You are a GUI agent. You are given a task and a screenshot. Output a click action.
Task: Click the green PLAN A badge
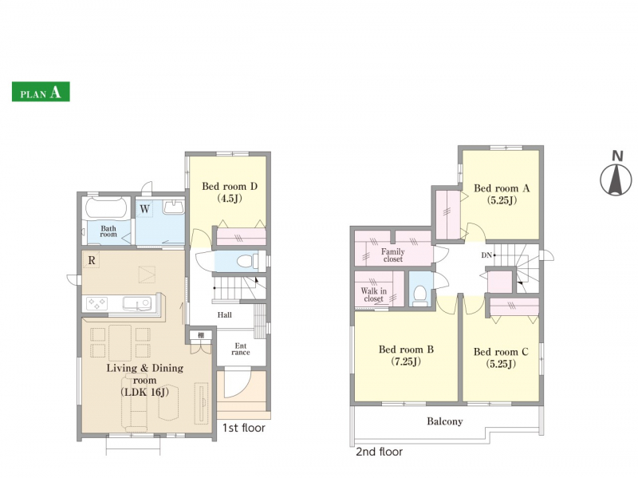[x=41, y=92]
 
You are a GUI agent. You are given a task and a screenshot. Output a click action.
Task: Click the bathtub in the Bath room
[x=107, y=208]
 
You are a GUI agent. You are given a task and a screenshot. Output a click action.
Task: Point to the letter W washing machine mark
[x=144, y=209]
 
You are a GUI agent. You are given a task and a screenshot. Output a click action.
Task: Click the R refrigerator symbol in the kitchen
[x=92, y=260]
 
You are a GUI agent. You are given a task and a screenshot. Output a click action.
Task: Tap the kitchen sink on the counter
[x=137, y=304]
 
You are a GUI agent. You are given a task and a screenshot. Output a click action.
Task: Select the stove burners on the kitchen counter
[x=96, y=304]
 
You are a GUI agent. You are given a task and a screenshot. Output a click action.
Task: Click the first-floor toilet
[x=247, y=261]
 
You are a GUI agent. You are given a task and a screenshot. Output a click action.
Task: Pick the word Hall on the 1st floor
[x=225, y=314]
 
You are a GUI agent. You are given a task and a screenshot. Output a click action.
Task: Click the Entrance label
[x=241, y=350]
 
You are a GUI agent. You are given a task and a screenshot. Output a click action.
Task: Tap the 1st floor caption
[x=244, y=428]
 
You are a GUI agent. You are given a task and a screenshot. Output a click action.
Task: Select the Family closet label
[x=392, y=255]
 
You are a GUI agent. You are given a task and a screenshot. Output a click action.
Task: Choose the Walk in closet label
[x=373, y=294]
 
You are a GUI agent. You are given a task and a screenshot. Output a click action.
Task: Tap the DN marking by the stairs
[x=486, y=255]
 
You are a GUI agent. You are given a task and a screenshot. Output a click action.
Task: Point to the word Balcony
[x=445, y=421]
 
